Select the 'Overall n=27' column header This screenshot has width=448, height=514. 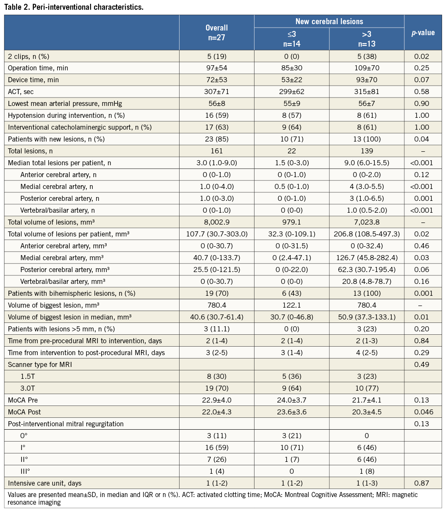pyautogui.click(x=216, y=33)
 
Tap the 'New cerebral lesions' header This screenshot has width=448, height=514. pyautogui.click(x=329, y=21)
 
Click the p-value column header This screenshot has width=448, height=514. pyautogui.click(x=423, y=33)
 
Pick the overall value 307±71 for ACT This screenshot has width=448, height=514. pyautogui.click(x=216, y=92)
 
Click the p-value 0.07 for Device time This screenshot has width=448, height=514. pyautogui.click(x=423, y=80)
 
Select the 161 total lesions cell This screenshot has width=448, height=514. pyautogui.click(x=216, y=151)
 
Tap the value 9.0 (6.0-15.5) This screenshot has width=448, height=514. pyautogui.click(x=366, y=163)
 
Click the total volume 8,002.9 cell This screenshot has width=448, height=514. pyautogui.click(x=216, y=222)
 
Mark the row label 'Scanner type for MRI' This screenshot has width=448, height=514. pyautogui.click(x=40, y=364)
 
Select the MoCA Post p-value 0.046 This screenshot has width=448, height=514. pyautogui.click(x=423, y=412)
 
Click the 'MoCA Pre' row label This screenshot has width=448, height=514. pyautogui.click(x=24, y=400)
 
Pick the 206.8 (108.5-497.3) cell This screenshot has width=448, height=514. pyautogui.click(x=366, y=234)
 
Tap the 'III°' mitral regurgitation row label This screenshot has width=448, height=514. pyautogui.click(x=25, y=471)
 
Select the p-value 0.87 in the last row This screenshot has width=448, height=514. pyautogui.click(x=423, y=483)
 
